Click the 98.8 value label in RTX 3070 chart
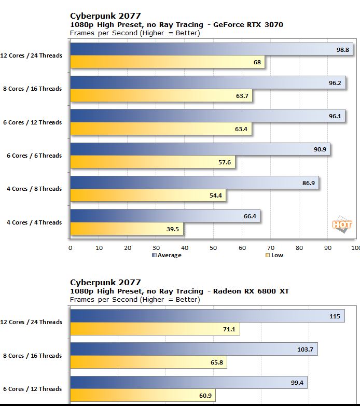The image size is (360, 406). click(x=342, y=49)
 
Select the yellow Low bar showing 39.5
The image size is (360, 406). click(x=127, y=229)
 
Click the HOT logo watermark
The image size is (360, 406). click(x=342, y=225)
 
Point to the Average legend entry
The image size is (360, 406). click(x=167, y=255)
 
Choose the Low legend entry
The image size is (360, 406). click(x=274, y=255)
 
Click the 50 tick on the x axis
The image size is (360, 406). click(x=213, y=248)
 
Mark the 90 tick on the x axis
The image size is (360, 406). click(x=327, y=248)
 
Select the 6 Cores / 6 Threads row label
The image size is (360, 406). click(x=35, y=156)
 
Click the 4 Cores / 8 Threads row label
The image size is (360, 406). click(x=35, y=189)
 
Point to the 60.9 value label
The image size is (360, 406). click(x=206, y=396)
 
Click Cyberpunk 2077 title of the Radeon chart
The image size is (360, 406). click(x=105, y=283)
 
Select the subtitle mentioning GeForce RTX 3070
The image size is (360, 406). click(x=176, y=24)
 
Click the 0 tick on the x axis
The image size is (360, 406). click(x=71, y=248)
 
